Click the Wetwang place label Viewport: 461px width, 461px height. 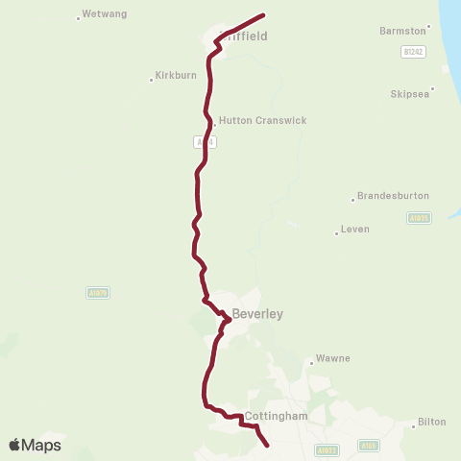105,14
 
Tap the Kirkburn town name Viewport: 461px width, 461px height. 177,77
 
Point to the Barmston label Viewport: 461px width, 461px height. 401,31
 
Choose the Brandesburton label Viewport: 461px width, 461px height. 393,196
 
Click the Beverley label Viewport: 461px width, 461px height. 257,314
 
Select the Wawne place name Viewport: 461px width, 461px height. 333,359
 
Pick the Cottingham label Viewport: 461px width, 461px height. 276,416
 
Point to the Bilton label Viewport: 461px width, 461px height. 433,423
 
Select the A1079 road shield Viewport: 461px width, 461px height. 97,293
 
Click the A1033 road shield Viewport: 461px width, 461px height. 328,449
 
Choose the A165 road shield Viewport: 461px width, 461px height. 369,446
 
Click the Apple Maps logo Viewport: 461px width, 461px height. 35,445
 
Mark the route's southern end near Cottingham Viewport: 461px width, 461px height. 266,445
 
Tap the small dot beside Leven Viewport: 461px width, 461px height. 337,232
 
